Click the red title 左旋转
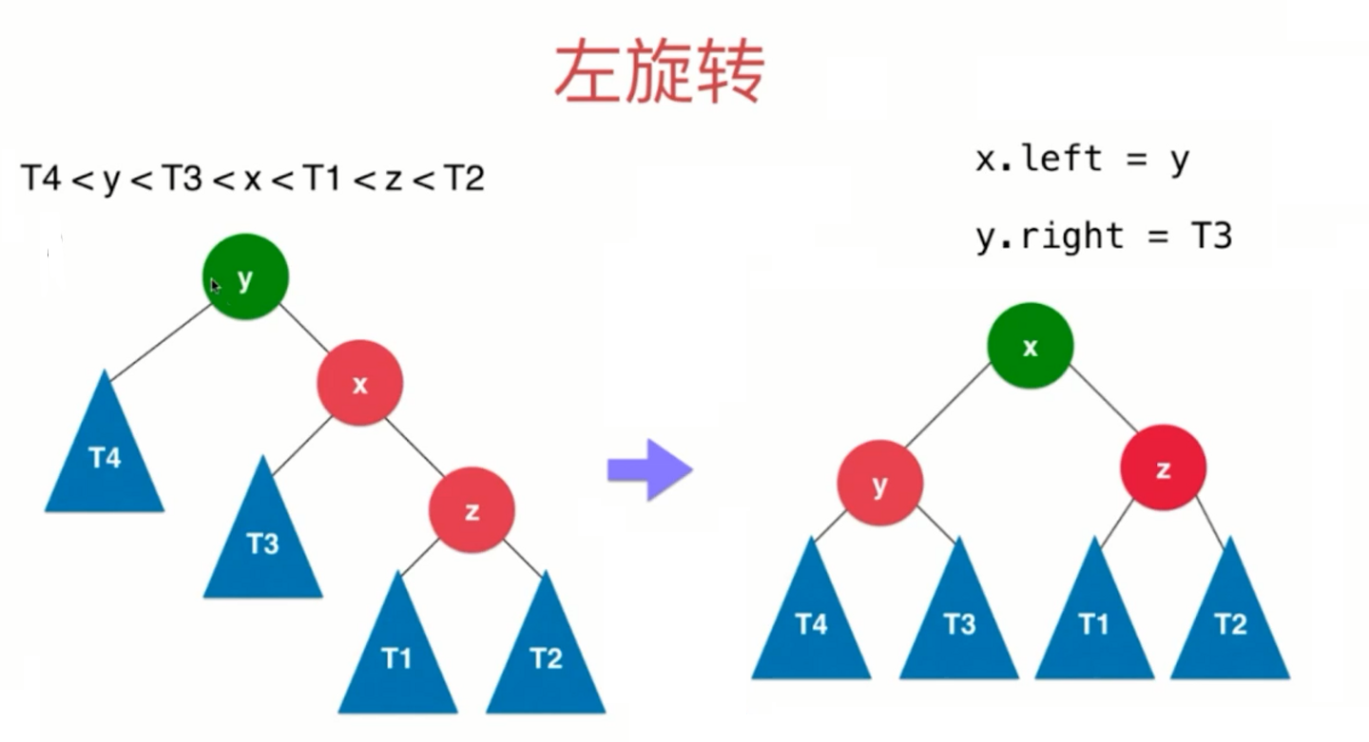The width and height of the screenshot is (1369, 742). pos(659,71)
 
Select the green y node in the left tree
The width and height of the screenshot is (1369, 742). pos(245,276)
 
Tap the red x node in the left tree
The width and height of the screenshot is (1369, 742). pos(359,383)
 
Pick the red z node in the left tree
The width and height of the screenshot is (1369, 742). pos(472,511)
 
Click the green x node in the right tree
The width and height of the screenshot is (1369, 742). pos(1031,347)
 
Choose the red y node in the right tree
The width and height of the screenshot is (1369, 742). pos(879,484)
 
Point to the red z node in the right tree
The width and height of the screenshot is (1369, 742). pos(1163,468)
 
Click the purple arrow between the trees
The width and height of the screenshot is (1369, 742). pos(649,468)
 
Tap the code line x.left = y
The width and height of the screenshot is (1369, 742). pos(1082,160)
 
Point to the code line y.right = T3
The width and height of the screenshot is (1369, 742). pos(1104,236)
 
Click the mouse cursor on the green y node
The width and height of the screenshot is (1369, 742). pos(216,284)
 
